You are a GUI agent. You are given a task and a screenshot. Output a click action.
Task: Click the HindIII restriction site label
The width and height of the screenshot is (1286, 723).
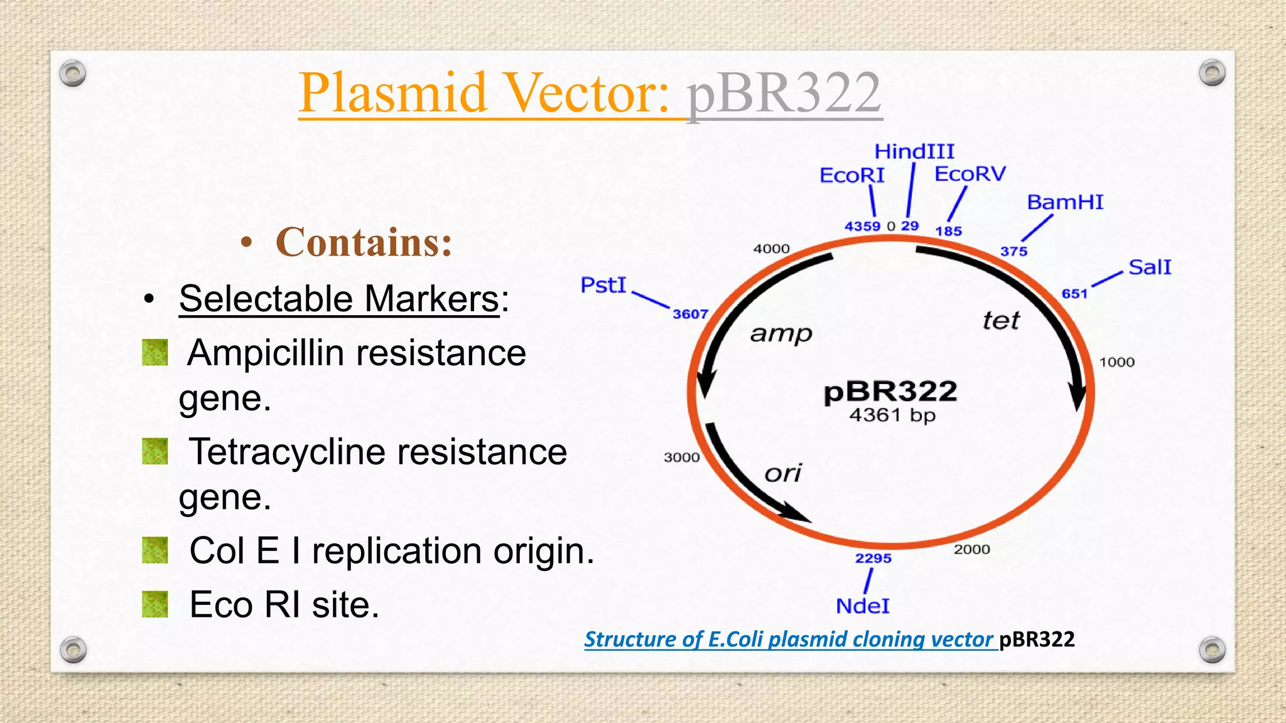(914, 151)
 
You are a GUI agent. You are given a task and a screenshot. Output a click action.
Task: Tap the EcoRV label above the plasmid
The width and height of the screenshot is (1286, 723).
(970, 174)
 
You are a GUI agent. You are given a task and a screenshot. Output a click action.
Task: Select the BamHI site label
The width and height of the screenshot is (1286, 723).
(1065, 202)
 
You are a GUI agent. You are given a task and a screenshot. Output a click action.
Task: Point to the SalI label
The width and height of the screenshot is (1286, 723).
(1149, 267)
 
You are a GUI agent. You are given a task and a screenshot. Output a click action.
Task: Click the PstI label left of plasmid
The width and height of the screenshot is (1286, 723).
(603, 285)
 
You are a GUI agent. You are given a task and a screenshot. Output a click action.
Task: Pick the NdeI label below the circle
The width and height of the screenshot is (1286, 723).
(862, 606)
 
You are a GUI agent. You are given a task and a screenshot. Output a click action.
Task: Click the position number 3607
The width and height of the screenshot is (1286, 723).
(690, 314)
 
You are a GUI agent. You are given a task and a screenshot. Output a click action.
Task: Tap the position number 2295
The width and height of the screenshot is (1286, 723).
(873, 558)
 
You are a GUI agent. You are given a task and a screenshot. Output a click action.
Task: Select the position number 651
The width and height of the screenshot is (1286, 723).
(1074, 294)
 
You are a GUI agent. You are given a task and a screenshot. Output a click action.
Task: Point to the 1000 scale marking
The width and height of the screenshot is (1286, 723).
(1116, 362)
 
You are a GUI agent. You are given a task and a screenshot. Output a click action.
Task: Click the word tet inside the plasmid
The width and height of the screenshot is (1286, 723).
(1001, 321)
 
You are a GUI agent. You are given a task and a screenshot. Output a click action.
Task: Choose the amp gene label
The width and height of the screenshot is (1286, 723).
(781, 333)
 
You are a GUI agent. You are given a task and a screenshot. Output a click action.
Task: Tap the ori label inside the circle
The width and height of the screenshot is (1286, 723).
(783, 473)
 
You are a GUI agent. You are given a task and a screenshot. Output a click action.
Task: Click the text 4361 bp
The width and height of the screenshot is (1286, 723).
(892, 415)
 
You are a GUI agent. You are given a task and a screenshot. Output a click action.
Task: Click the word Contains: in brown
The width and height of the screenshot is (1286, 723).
(364, 242)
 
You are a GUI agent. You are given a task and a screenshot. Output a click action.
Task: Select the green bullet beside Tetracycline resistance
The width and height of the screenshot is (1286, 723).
(155, 451)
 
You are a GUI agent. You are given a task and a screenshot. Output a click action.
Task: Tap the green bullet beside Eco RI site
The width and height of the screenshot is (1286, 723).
(155, 604)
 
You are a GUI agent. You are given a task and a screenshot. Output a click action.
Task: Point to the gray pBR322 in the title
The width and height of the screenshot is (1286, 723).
(784, 93)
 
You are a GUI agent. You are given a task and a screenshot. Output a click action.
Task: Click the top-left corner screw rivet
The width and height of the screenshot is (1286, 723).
(73, 74)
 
